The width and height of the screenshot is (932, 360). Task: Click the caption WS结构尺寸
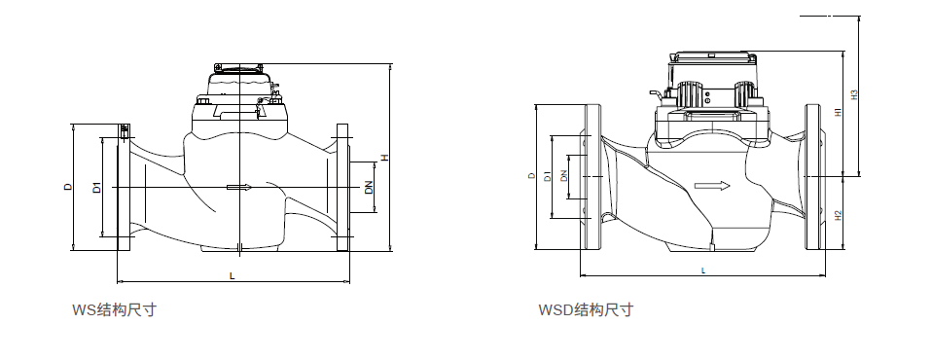pos(115,310)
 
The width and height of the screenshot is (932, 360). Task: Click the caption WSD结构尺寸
pos(586,310)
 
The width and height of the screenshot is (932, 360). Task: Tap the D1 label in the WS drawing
pos(96,187)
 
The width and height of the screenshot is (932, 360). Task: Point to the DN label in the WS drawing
pos(369,187)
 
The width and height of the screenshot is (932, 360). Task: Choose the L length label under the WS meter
pos(232,277)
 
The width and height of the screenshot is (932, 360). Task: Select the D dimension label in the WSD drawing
pos(531,176)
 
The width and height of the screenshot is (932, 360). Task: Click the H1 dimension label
pos(839,114)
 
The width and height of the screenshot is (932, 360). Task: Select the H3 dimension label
pos(854,95)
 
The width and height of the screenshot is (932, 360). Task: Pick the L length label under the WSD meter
pos(702,269)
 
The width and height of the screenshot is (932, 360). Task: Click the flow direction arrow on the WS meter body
pos(238,187)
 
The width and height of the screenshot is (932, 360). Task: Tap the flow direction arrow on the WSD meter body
pos(712,185)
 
